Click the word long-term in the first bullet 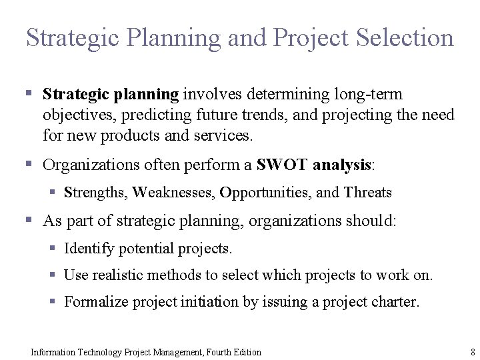click(370, 95)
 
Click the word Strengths click(95, 193)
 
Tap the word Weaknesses click(174, 193)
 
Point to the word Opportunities click(264, 193)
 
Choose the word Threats click(368, 193)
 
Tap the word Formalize click(96, 302)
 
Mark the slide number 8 click(473, 352)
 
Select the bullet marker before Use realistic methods click(53, 275)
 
